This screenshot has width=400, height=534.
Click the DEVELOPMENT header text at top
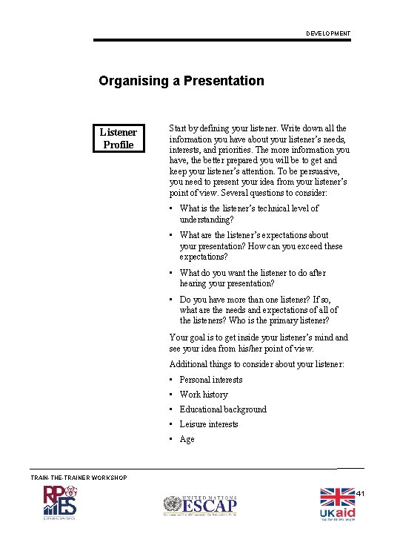[329, 34]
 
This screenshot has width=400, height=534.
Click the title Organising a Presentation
[181, 81]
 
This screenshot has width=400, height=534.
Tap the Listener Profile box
[119, 139]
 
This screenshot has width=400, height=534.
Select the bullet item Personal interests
[210, 380]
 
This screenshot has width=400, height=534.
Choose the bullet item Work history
[203, 395]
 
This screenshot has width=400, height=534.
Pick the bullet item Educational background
[222, 409]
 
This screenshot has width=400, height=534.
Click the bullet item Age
[187, 439]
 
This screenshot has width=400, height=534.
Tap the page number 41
[361, 494]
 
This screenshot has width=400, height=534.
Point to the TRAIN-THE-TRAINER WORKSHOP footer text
[79, 477]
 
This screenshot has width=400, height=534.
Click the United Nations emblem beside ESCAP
[173, 506]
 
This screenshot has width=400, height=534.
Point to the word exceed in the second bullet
[309, 246]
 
